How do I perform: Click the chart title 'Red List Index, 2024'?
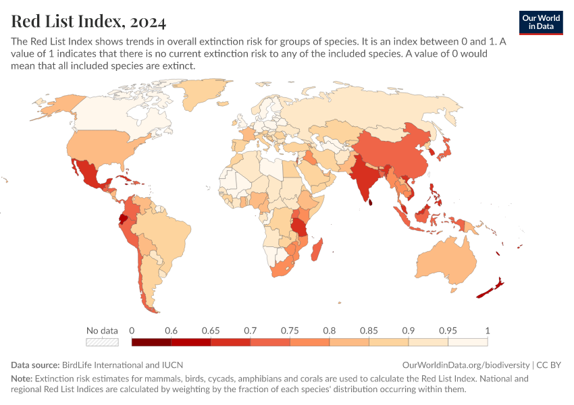point(88,22)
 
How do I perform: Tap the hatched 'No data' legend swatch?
point(102,342)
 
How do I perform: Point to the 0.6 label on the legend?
point(171,331)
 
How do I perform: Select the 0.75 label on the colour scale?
point(290,331)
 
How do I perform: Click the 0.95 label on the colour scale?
point(448,331)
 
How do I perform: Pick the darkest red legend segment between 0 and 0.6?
point(151,342)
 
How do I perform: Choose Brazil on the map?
point(169,230)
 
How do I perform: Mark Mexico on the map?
point(88,172)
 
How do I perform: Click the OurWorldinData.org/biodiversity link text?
point(466,364)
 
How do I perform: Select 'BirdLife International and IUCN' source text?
point(122,364)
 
